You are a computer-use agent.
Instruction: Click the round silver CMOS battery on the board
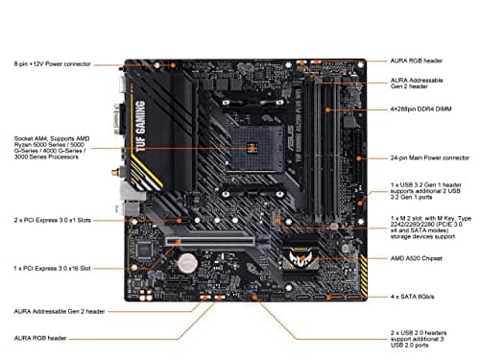point(190,260)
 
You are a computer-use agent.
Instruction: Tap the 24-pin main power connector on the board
point(355,158)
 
